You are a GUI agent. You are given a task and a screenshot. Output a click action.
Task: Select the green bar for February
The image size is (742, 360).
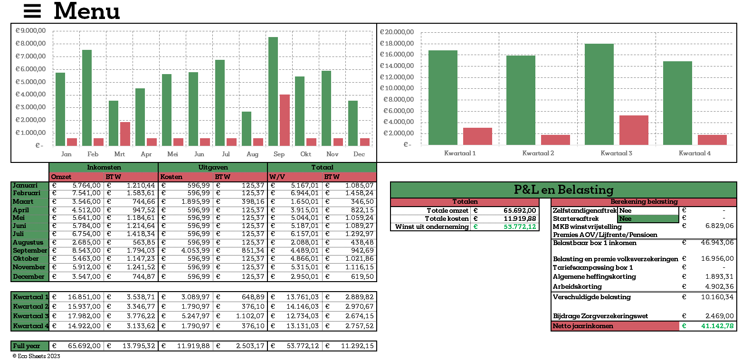[87, 98]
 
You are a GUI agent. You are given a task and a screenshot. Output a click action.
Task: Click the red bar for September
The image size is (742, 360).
[285, 120]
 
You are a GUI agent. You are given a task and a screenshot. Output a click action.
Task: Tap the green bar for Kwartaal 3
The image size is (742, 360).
[599, 94]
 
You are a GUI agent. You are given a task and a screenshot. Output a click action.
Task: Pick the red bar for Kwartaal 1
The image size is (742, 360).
[477, 136]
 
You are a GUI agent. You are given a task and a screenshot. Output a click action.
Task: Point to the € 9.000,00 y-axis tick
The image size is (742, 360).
[31, 31]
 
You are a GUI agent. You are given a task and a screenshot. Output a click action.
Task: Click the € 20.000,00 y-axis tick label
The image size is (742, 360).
[397, 32]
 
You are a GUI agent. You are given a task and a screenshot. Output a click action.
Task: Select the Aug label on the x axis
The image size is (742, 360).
[253, 154]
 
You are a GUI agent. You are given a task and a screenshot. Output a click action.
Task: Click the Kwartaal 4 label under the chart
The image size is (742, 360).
[694, 153]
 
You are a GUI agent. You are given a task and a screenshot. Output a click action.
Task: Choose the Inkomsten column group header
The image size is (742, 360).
[104, 168]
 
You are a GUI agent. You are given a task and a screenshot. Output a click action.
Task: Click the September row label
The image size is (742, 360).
[30, 251]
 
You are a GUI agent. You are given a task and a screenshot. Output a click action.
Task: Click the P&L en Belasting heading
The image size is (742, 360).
[563, 190]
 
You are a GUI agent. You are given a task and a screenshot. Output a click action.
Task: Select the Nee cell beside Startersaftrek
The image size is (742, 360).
[648, 219]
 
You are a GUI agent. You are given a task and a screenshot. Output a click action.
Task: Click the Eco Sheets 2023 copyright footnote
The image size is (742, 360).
[36, 356]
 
